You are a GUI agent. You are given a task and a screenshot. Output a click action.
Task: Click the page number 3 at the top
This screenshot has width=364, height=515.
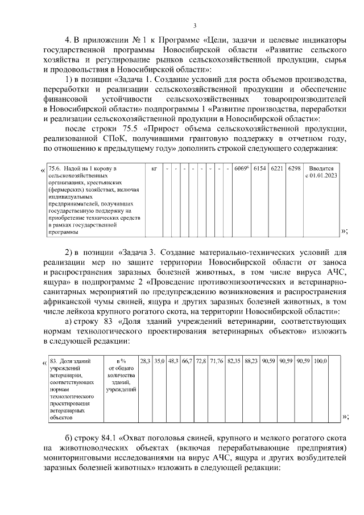(x=195, y=25)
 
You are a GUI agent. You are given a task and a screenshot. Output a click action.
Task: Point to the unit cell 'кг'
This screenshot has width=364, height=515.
(x=154, y=169)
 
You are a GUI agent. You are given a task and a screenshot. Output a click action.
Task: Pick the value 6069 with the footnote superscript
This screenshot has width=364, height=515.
(x=242, y=169)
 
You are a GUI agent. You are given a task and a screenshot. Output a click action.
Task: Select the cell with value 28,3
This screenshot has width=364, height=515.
(x=145, y=361)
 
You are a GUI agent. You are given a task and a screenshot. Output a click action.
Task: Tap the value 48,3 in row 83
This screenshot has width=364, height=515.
(x=173, y=361)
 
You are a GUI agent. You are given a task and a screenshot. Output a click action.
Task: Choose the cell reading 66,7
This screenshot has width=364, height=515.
(x=187, y=361)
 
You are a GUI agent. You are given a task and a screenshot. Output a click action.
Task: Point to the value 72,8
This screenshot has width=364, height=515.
(x=201, y=361)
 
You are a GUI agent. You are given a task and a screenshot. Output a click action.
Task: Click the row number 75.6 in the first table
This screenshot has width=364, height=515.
(x=55, y=169)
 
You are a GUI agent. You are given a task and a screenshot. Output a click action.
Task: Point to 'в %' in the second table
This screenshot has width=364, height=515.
(x=121, y=361)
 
